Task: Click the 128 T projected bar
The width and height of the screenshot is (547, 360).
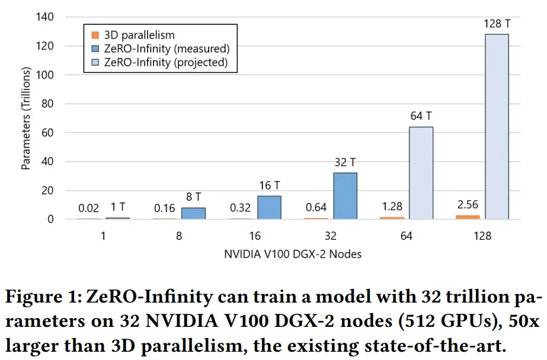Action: [496, 127]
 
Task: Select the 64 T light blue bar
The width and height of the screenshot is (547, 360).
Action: [421, 173]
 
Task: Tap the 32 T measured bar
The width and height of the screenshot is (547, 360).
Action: [345, 196]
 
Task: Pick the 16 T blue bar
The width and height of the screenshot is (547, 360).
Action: [269, 207]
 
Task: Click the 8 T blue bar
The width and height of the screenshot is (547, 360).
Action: [193, 213]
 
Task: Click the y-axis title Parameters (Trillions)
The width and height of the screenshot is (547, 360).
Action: [26, 118]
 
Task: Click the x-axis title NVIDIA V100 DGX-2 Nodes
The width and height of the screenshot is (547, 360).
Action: [293, 254]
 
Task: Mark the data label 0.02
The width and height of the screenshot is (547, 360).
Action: [89, 208]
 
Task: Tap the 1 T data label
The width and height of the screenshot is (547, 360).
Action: [118, 207]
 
